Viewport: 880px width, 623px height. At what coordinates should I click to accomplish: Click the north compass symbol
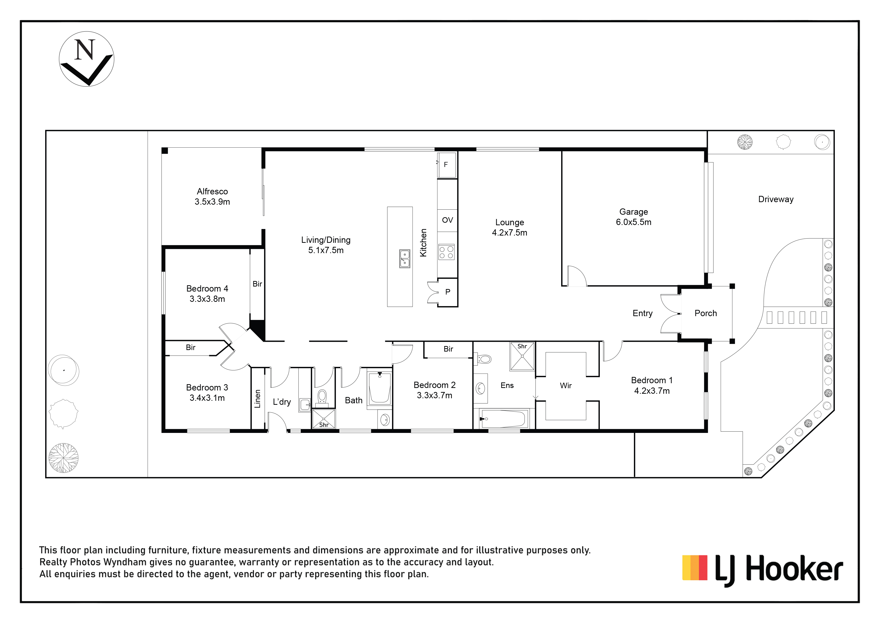coord(87,59)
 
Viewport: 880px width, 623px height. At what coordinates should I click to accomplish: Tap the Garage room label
coord(634,212)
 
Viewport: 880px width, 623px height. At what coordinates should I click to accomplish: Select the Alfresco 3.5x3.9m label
coord(212,196)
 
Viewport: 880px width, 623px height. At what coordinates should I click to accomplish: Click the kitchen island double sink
coord(404,259)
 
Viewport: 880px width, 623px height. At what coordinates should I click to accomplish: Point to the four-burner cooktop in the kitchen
coord(447,252)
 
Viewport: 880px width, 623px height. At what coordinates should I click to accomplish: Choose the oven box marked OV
coord(447,220)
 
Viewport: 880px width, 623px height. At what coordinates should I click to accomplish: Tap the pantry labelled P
coord(447,292)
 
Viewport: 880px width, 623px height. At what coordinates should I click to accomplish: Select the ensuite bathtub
coord(503,419)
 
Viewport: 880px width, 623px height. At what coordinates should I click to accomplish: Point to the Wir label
coord(566,385)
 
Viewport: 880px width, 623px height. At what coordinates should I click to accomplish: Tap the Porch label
coord(706,313)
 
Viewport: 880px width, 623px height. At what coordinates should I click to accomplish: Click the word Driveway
coord(776,199)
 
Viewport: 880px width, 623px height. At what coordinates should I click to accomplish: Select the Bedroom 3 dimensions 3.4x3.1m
coord(207,398)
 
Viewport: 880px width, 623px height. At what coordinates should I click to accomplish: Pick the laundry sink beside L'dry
coord(305,405)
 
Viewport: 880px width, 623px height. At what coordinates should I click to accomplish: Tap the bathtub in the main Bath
coord(380,388)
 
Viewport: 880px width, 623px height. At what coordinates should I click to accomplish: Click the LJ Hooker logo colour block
coord(695,567)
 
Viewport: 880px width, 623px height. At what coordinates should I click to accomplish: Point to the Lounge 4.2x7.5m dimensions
coord(509,233)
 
